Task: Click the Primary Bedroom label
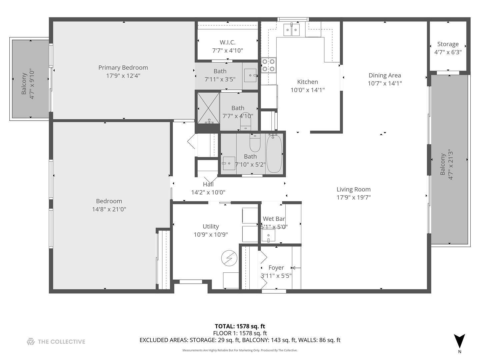123,68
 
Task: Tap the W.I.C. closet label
227,42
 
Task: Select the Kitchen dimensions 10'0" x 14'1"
307,90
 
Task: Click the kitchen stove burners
268,65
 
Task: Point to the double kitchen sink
292,30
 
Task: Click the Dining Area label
385,75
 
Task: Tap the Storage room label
448,44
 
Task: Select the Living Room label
353,189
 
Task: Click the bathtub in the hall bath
274,154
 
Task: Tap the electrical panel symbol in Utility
229,258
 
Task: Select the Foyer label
276,268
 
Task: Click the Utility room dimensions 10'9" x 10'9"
211,235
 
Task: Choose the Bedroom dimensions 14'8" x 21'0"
109,209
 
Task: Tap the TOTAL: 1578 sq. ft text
240,326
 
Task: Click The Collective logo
56,341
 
